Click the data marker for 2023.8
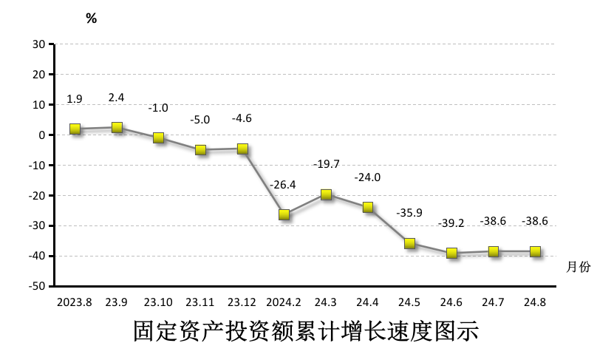pyautogui.click(x=75, y=129)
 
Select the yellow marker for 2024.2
pyautogui.click(x=284, y=214)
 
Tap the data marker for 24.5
pyautogui.click(x=409, y=243)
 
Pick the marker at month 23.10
pyautogui.click(x=158, y=137)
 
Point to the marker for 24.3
pyautogui.click(x=326, y=194)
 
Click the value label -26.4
pyautogui.click(x=283, y=185)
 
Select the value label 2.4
pyautogui.click(x=116, y=97)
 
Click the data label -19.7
pyautogui.click(x=325, y=164)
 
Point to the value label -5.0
pyautogui.click(x=199, y=119)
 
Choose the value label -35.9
pyautogui.click(x=409, y=213)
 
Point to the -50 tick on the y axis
pyautogui.click(x=37, y=286)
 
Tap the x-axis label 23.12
pyautogui.click(x=242, y=302)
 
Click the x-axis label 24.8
pyautogui.click(x=534, y=302)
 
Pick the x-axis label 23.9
pyautogui.click(x=116, y=302)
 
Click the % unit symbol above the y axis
pyautogui.click(x=91, y=19)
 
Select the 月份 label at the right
pyautogui.click(x=579, y=267)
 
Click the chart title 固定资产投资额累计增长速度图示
pyautogui.click(x=306, y=330)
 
